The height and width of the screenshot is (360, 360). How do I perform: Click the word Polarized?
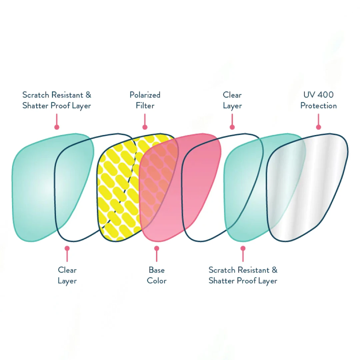click(x=145, y=95)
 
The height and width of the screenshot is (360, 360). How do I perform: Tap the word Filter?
click(x=145, y=106)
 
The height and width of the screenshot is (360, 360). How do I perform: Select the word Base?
click(x=157, y=270)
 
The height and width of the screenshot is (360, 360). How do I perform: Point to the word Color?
click(x=157, y=281)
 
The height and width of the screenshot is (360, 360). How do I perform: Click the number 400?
click(x=325, y=95)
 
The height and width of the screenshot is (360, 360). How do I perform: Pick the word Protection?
click(x=318, y=106)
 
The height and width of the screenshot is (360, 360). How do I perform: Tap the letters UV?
click(x=309, y=95)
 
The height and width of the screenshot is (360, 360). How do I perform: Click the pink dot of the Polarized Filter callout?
click(x=145, y=127)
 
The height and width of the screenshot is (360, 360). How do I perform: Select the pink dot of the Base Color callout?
click(x=157, y=248)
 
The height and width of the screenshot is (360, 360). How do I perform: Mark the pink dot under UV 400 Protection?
click(x=318, y=127)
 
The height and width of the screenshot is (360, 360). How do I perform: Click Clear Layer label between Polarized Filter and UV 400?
click(x=232, y=100)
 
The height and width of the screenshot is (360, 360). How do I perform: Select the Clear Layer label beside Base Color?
click(x=67, y=275)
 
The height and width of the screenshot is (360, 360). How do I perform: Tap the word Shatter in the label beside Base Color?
click(x=221, y=281)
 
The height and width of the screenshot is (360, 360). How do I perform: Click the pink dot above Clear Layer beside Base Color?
click(x=67, y=248)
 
